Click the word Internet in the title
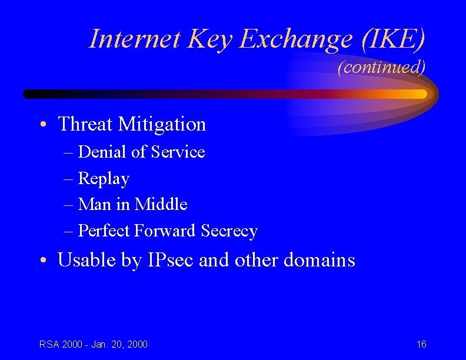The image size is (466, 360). tap(135, 39)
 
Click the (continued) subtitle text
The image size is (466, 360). tap(381, 67)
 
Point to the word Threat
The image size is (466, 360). tap(85, 124)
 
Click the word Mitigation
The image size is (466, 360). tap(162, 124)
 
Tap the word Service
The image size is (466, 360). tap(178, 152)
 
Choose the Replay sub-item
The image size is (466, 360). tap(104, 178)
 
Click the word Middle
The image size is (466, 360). tap(161, 204)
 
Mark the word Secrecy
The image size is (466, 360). tap(229, 231)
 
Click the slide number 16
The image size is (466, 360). tap(421, 344)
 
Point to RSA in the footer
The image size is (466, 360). tap(49, 344)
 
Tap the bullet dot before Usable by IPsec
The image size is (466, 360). tap(44, 261)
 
